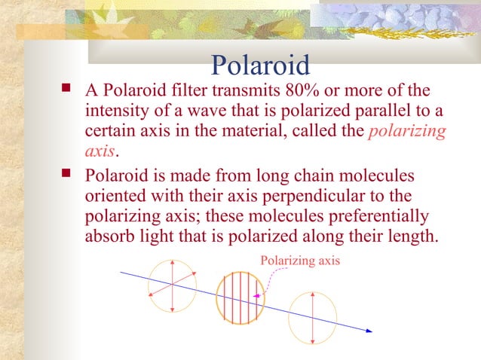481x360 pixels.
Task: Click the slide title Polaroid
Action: pyautogui.click(x=260, y=65)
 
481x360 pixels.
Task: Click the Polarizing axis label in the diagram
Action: pyautogui.click(x=299, y=261)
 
